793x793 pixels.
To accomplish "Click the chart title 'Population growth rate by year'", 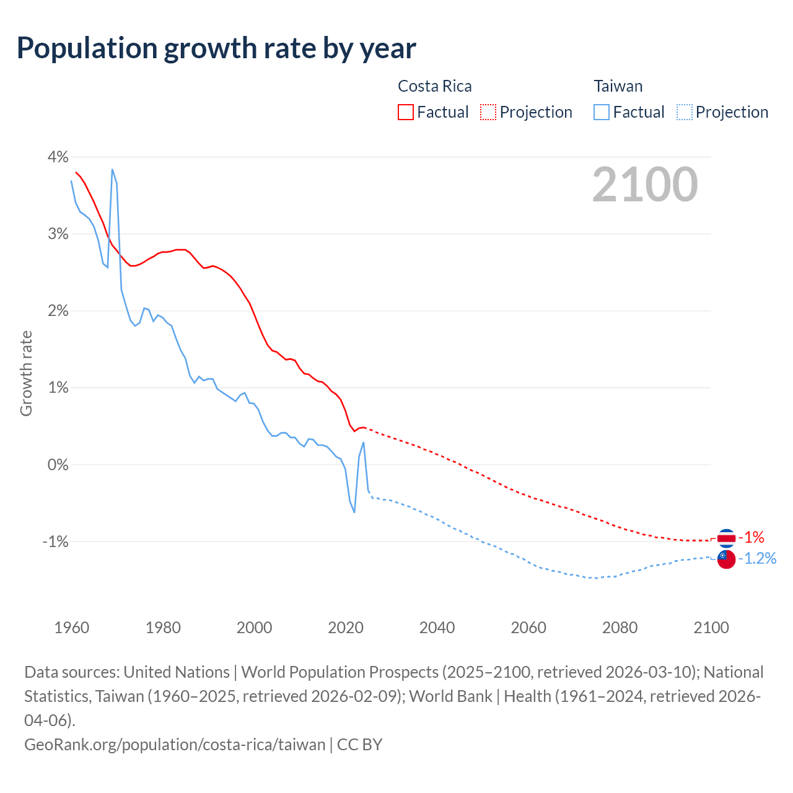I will click(x=216, y=48).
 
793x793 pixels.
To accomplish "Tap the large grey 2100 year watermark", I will click(x=645, y=185).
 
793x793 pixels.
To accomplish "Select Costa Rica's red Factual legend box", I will click(x=406, y=112).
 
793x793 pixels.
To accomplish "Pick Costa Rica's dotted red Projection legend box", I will click(x=488, y=112).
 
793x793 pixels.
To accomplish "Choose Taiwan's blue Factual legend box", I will click(x=602, y=112).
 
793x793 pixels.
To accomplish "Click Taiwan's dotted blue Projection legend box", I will click(x=684, y=112).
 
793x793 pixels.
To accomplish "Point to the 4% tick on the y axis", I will click(x=58, y=157).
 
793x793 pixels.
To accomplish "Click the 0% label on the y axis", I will click(x=58, y=465).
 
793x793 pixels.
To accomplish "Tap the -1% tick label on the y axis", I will click(x=55, y=541).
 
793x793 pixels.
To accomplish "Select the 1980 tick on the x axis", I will click(x=163, y=628).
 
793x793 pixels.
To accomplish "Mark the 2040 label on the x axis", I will click(x=437, y=628).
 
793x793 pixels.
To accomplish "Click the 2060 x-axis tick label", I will click(x=528, y=628).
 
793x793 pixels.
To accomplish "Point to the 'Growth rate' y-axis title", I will click(x=26, y=374).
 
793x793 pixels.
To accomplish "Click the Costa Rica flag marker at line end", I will click(x=726, y=538).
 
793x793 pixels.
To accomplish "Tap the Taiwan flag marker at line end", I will click(x=726, y=559).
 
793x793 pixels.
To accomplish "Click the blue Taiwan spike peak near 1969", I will click(x=112, y=169).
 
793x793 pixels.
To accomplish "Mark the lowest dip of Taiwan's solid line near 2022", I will click(x=354, y=512).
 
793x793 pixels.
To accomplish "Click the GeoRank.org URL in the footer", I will click(x=175, y=744).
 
